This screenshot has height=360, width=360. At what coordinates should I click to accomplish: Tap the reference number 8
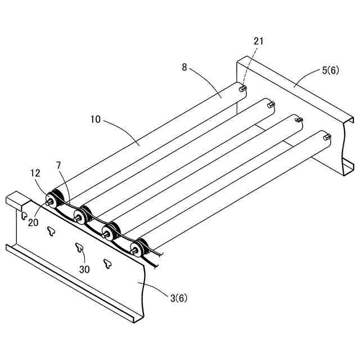[184, 67]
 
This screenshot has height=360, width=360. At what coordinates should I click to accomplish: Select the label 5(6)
[330, 71]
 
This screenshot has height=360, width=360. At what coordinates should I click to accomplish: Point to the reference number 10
[95, 119]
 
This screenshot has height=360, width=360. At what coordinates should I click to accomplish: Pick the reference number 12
[35, 174]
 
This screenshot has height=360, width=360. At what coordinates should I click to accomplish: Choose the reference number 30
[84, 269]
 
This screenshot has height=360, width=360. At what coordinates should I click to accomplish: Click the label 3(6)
[179, 298]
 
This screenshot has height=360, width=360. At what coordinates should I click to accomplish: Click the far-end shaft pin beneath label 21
[242, 88]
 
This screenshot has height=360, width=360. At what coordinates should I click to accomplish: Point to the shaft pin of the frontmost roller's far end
[327, 136]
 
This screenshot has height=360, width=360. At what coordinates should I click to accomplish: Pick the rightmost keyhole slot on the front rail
[107, 262]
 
